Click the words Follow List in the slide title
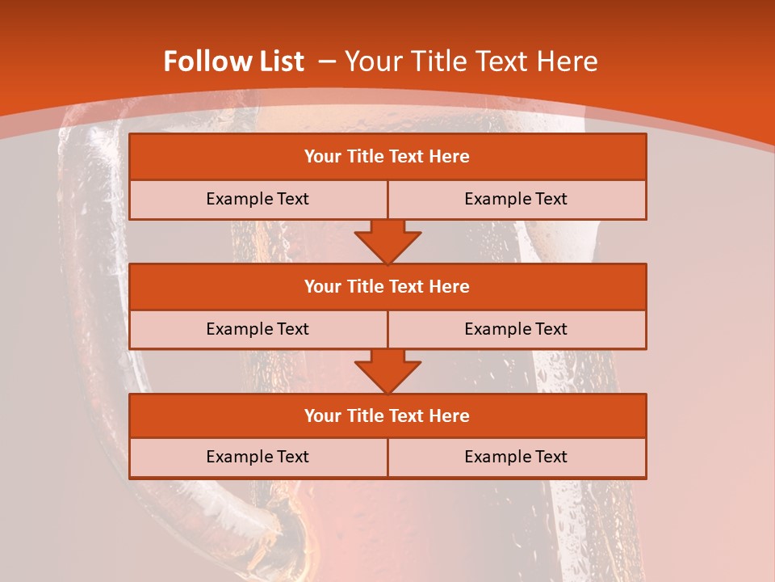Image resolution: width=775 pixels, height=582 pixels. click(233, 61)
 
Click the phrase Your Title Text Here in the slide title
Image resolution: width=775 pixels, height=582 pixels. click(471, 61)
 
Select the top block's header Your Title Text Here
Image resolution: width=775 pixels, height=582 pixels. click(387, 157)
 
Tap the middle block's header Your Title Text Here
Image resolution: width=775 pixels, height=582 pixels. click(387, 286)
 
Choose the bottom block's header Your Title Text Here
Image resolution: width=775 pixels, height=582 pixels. click(387, 415)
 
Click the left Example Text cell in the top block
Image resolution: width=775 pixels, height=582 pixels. click(258, 199)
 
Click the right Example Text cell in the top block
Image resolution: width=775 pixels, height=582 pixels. click(516, 199)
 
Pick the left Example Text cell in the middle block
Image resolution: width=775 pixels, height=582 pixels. click(258, 329)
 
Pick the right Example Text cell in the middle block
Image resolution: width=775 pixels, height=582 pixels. click(516, 329)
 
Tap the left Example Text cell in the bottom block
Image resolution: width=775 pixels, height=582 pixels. click(258, 457)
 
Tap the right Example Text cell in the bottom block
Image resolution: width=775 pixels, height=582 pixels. click(516, 457)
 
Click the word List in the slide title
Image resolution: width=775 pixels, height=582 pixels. click(276, 61)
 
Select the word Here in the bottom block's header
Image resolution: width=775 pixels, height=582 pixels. click(449, 415)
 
